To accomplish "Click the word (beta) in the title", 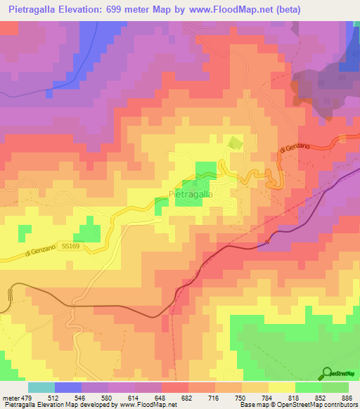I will (x=338, y=10).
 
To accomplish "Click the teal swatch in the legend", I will (x=41, y=387).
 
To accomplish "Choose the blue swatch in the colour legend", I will (x=68, y=387).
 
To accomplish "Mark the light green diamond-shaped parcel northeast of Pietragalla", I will (x=234, y=143).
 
